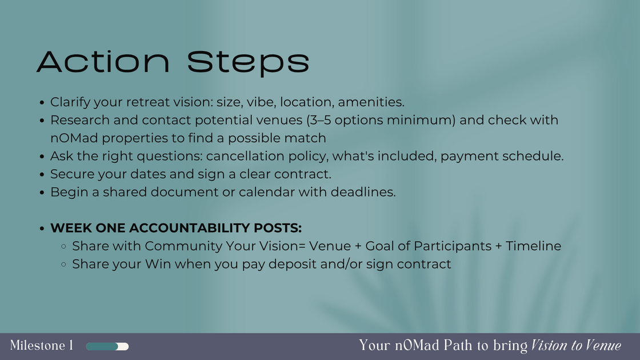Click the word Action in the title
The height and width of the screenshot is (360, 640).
pos(103,62)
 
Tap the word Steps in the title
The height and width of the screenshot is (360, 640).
pos(249,62)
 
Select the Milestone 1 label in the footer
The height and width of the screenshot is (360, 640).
pos(42,346)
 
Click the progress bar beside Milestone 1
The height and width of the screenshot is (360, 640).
pos(107,346)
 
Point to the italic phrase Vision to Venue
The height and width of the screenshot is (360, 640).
pos(576,346)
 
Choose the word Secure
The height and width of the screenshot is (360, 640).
pos(70,174)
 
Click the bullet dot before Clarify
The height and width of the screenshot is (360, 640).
pos(42,103)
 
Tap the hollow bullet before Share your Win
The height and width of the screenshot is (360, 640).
pos(65,265)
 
